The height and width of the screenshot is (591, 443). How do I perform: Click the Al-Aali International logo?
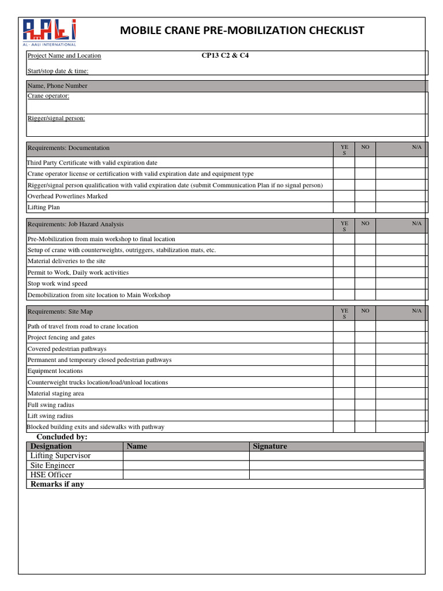(x=49, y=32)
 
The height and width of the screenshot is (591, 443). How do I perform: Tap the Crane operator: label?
(x=48, y=96)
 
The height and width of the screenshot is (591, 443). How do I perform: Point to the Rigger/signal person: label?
(x=57, y=118)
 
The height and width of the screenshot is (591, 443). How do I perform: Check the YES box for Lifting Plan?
(x=344, y=207)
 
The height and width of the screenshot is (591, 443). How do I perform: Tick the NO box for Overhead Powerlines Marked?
(x=365, y=196)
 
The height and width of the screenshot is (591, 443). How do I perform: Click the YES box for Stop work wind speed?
(x=344, y=284)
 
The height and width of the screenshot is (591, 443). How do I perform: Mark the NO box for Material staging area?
(x=365, y=394)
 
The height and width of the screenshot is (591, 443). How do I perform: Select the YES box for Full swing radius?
(x=344, y=405)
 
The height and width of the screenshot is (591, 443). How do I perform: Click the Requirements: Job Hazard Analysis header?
(x=76, y=224)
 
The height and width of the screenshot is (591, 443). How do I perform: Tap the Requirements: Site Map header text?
(x=60, y=312)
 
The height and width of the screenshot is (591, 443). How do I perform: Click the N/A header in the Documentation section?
(x=416, y=147)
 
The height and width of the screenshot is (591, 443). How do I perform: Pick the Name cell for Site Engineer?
(x=186, y=465)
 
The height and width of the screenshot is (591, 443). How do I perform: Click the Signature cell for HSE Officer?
(x=336, y=475)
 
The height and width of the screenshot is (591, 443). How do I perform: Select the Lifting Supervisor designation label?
(x=61, y=456)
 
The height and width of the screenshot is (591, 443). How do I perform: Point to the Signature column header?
(x=269, y=446)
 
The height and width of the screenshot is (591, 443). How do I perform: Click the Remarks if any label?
(x=57, y=484)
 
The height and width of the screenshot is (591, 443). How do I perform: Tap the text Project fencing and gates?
(x=61, y=338)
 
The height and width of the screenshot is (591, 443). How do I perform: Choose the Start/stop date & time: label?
(x=58, y=72)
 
